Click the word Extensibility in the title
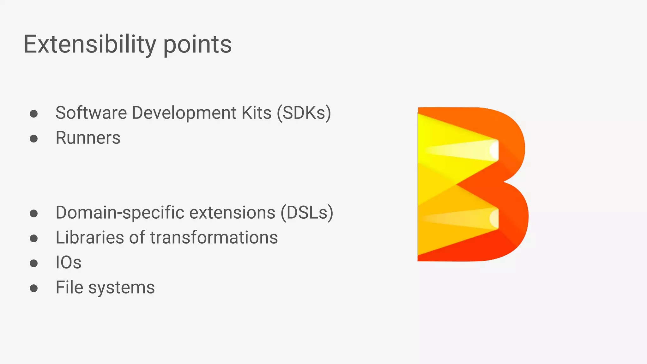tap(90, 45)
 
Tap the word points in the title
tap(197, 45)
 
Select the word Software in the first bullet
tap(91, 113)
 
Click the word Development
tap(184, 113)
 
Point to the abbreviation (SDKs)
tap(304, 113)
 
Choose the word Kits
tap(257, 113)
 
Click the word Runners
tap(88, 138)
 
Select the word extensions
tap(232, 213)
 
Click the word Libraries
tap(90, 238)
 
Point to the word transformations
tap(214, 238)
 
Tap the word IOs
tap(69, 263)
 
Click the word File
tap(70, 288)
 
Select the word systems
tap(122, 288)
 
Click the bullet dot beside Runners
tap(34, 139)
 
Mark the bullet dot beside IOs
tap(34, 263)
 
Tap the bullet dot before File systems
tap(34, 288)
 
